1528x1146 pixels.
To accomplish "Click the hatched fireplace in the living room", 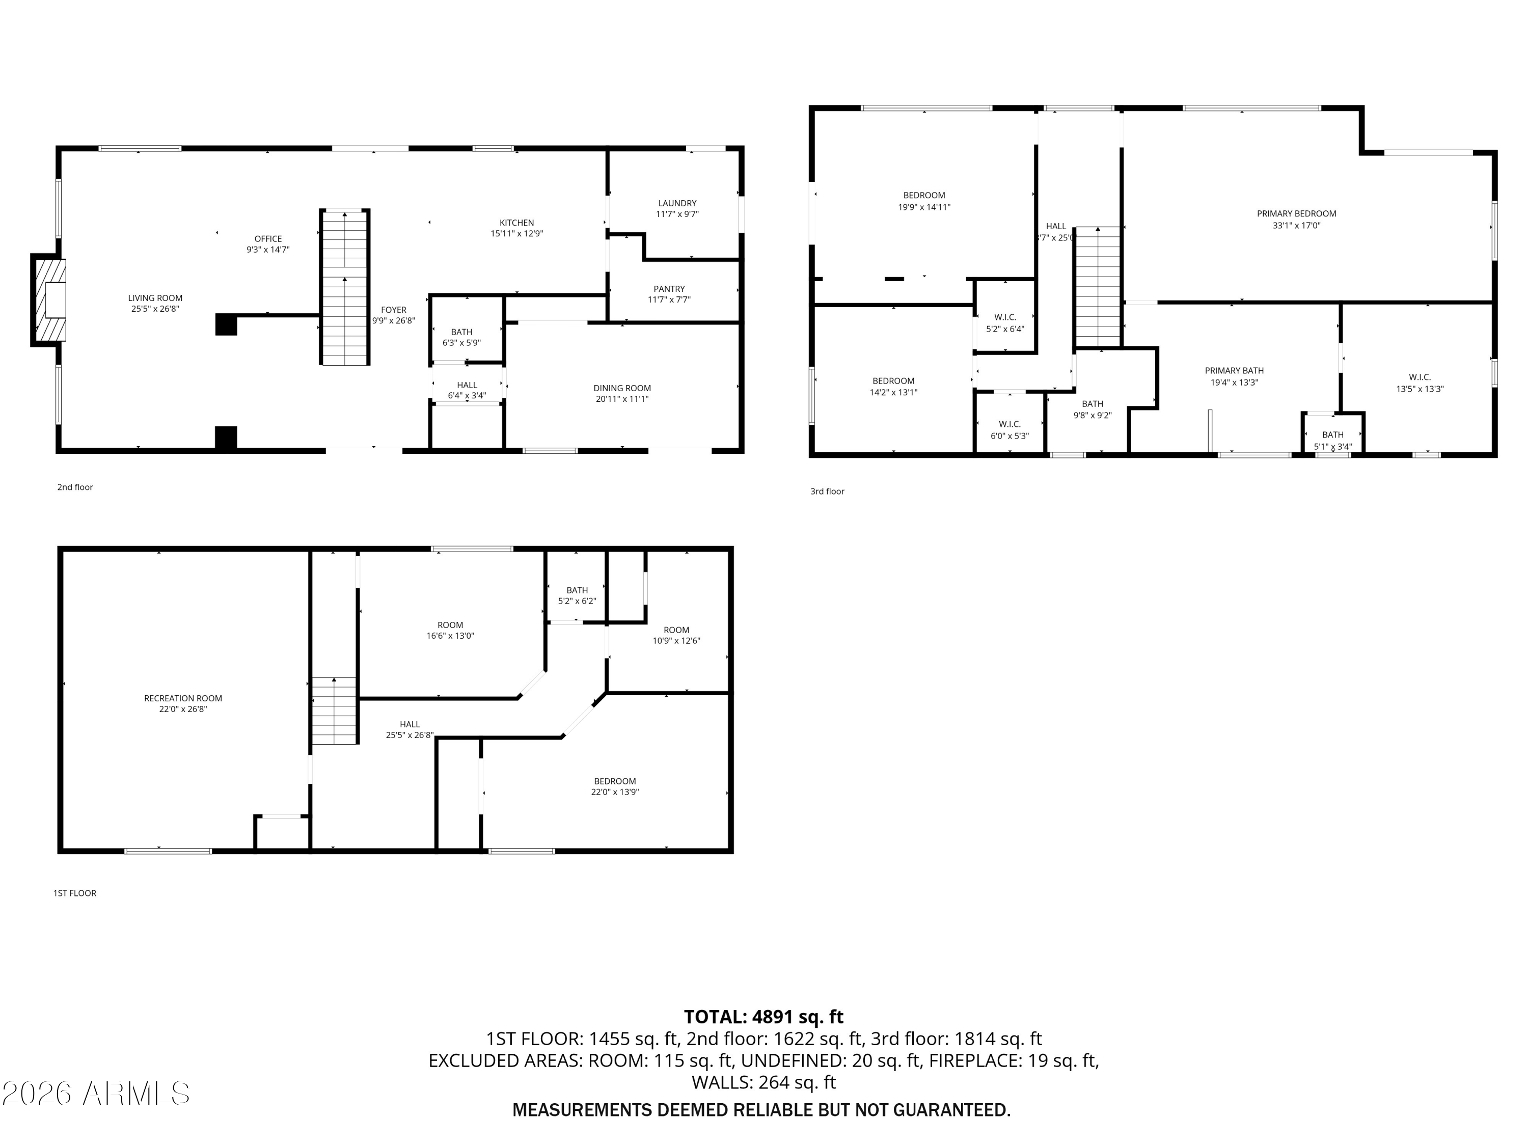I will (50, 300).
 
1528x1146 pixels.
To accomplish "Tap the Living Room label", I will (155, 298).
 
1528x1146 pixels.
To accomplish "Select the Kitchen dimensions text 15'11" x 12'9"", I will (516, 233).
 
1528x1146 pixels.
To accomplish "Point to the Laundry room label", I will (677, 203).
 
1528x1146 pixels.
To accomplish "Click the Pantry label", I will (669, 289).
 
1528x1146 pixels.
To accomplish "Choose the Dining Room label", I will (622, 388).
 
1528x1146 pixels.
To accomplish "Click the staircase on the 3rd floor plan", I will (1097, 287).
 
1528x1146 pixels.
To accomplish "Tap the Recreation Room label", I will (183, 698).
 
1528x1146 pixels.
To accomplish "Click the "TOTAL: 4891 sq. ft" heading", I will (763, 1017).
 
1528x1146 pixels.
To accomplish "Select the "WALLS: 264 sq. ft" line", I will (763, 1082).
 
